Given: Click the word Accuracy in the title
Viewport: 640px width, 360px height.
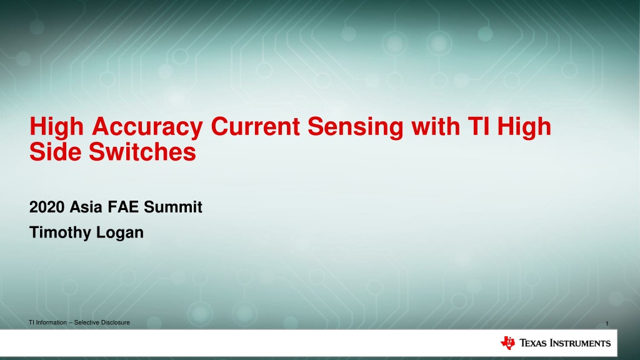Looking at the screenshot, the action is click(x=147, y=127).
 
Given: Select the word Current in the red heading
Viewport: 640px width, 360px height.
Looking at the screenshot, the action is click(x=256, y=126).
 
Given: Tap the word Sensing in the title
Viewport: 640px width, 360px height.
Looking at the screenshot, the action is click(x=356, y=127).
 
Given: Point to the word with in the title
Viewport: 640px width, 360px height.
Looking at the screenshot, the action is click(x=436, y=126).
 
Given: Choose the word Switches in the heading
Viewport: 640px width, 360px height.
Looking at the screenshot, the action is click(x=142, y=152).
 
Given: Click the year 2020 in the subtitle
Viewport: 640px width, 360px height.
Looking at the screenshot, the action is click(x=47, y=207).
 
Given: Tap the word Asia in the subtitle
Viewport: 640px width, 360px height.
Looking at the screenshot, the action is click(x=86, y=207).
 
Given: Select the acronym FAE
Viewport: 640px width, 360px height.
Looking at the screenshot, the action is click(x=123, y=207).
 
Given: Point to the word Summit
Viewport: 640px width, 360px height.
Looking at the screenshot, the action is click(x=172, y=207).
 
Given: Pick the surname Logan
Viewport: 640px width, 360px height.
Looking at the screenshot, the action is click(x=120, y=233).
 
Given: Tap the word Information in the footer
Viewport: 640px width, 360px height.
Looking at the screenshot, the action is click(x=51, y=322).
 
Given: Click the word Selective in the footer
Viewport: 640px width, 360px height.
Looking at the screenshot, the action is click(x=86, y=322).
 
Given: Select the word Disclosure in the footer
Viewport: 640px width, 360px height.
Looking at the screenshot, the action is click(x=116, y=322).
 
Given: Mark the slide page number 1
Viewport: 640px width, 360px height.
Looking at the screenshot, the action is click(x=607, y=324).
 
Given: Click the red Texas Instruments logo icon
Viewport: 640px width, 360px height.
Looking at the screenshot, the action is click(x=507, y=343).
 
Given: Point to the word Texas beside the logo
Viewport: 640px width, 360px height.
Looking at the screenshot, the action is click(x=532, y=343).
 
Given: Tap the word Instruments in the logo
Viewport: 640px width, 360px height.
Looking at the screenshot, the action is click(x=580, y=343).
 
